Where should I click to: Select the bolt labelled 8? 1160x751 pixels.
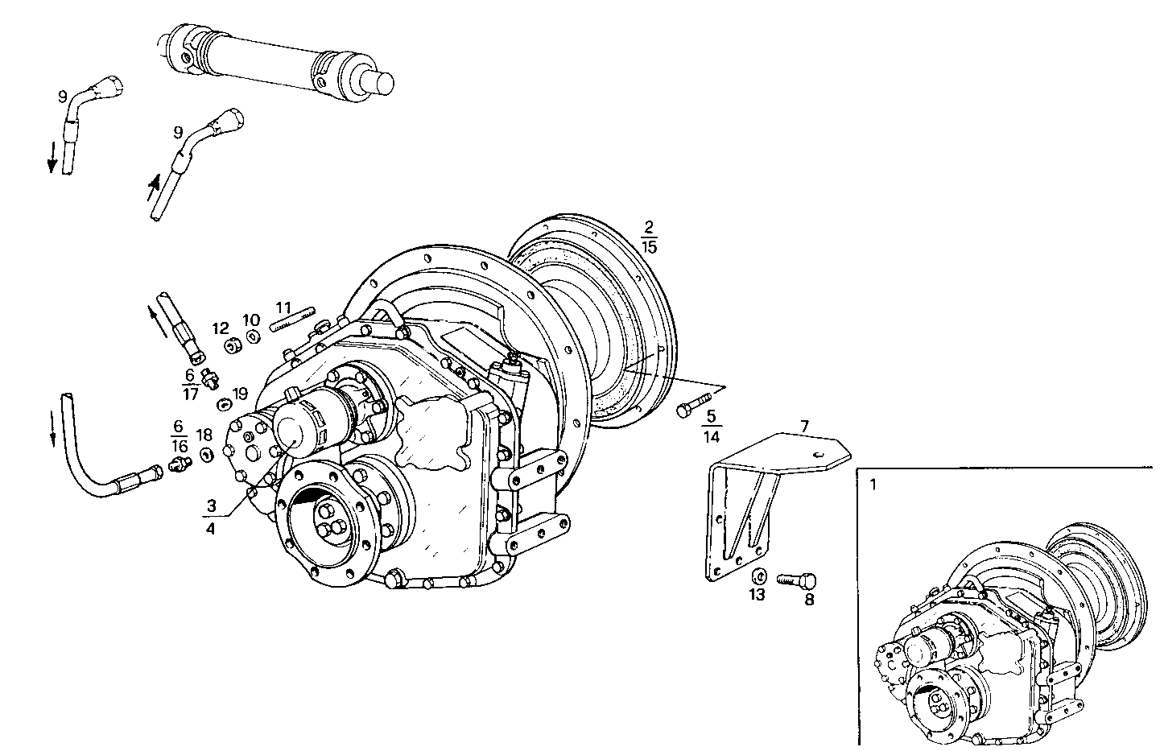click(798, 580)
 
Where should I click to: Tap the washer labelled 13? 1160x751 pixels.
click(758, 577)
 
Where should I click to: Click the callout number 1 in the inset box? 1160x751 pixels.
click(873, 485)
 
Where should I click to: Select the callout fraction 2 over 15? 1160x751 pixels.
click(649, 237)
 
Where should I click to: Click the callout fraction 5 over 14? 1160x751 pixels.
click(711, 427)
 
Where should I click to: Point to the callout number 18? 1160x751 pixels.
click(204, 435)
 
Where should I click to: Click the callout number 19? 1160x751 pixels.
click(240, 394)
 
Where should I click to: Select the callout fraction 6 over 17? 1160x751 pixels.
click(190, 385)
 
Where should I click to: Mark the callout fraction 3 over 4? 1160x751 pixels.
click(211, 518)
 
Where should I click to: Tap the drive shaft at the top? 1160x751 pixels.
click(274, 61)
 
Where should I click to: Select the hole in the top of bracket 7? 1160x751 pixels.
click(817, 455)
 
